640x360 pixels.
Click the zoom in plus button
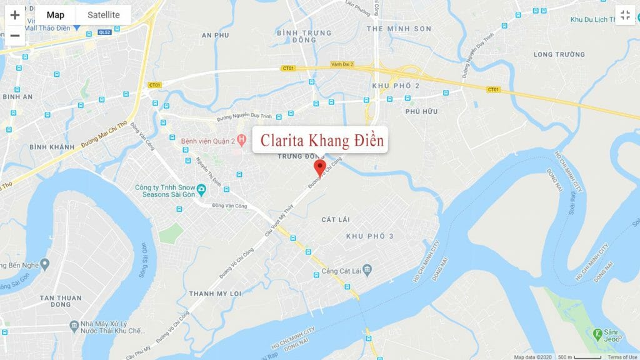coord(15,15)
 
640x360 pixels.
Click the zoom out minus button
coord(15,36)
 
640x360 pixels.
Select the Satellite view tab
coord(103,15)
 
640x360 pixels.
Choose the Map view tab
coord(56,15)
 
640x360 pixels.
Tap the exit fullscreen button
coord(624,15)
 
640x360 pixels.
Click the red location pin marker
coord(320,167)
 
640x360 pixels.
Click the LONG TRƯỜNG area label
coord(559,54)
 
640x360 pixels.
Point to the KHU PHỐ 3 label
coord(369,236)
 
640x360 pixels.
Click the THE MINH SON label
coord(399,29)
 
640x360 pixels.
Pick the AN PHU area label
coord(216,36)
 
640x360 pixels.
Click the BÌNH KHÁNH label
coord(51,146)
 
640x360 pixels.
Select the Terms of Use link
coord(622,357)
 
